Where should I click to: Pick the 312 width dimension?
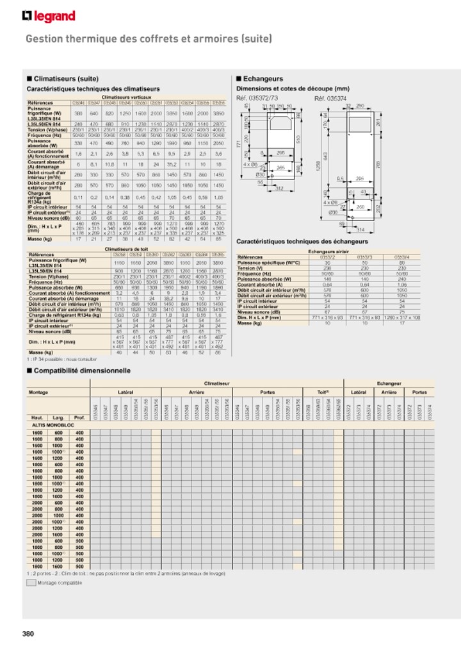tap(279, 189)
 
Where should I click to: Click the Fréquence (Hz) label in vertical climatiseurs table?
tap(45, 136)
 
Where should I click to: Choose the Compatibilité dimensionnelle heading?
tap(81, 371)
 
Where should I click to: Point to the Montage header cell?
tap(38, 391)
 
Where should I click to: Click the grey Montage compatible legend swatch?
tap(31, 583)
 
